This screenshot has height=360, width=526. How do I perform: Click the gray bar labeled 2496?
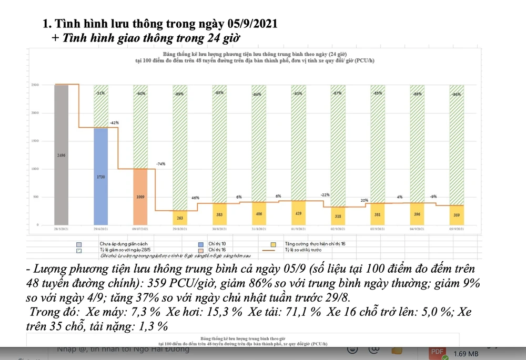pos(62,155)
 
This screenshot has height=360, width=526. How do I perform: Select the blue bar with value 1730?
pos(100,177)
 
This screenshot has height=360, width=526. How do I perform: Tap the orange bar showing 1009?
pos(140,197)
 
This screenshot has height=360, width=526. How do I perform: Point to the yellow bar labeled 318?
pos(338,216)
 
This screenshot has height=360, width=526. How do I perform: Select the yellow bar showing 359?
pos(457,215)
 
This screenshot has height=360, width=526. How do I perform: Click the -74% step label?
pos(160,164)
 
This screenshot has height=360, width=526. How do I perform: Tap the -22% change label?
pos(325,194)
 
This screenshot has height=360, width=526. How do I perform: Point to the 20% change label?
pos(364,200)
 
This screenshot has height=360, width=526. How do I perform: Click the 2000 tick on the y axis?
pos(35,113)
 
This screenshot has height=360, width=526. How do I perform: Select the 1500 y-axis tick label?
pos(35,141)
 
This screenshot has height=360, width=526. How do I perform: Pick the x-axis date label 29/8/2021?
pos(180,230)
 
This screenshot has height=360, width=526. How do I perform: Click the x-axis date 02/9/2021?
pos(338,230)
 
